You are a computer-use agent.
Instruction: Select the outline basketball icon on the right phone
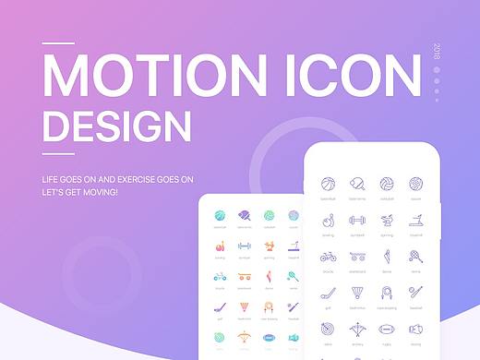[x=328, y=184]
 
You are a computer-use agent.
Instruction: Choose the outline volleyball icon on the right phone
[x=387, y=184]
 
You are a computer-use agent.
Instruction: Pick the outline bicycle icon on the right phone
[x=328, y=257]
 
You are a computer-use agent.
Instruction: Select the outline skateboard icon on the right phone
[x=357, y=257]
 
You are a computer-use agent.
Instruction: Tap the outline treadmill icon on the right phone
[x=416, y=221]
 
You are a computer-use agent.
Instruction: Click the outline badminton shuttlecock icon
[x=357, y=293]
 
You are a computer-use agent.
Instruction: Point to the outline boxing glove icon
[x=416, y=329]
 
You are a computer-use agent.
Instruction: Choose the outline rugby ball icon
[x=387, y=329]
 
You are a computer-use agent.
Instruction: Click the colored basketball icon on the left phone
[x=220, y=215]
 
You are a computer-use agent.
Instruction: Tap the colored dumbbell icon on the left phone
[x=244, y=246]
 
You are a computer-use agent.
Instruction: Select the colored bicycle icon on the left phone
[x=220, y=276]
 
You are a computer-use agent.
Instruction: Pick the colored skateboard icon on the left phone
[x=244, y=276]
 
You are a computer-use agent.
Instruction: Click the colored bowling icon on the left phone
[x=220, y=246]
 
